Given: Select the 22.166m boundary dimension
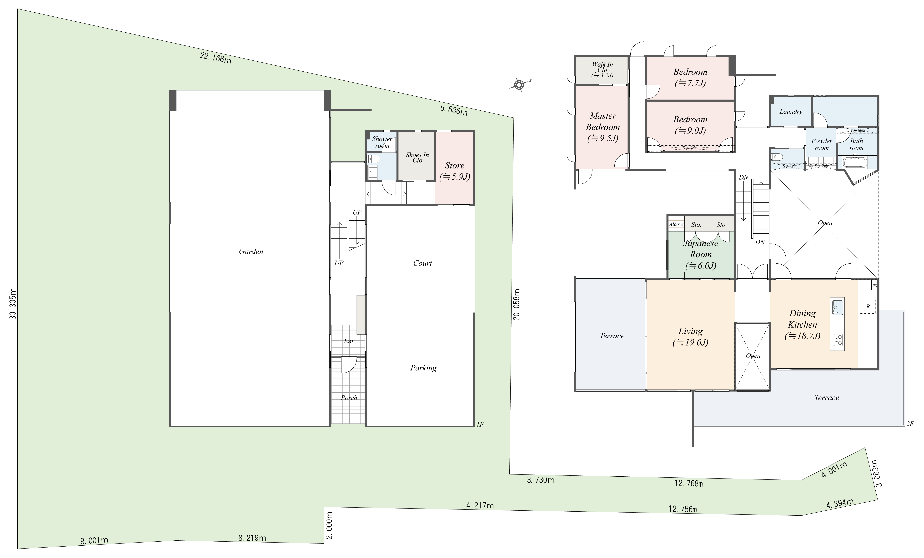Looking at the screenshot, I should pyautogui.click(x=216, y=58).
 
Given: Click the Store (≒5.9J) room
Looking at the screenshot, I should pyautogui.click(x=455, y=171).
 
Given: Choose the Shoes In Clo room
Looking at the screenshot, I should pyautogui.click(x=417, y=157).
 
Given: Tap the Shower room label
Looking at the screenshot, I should pyautogui.click(x=382, y=142).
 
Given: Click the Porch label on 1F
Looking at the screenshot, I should pyautogui.click(x=349, y=398).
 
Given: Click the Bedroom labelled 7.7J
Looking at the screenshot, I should pyautogui.click(x=690, y=77).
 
